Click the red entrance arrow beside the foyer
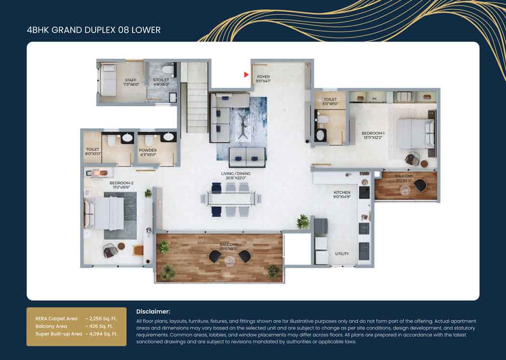point(246,75)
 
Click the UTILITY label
point(342,253)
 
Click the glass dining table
point(231,198)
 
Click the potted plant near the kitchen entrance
point(303,221)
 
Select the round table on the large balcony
point(229,260)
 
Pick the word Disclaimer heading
point(153,312)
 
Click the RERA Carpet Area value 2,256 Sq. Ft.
point(101,319)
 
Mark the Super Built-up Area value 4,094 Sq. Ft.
point(101,334)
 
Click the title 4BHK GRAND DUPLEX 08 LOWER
point(93,30)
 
